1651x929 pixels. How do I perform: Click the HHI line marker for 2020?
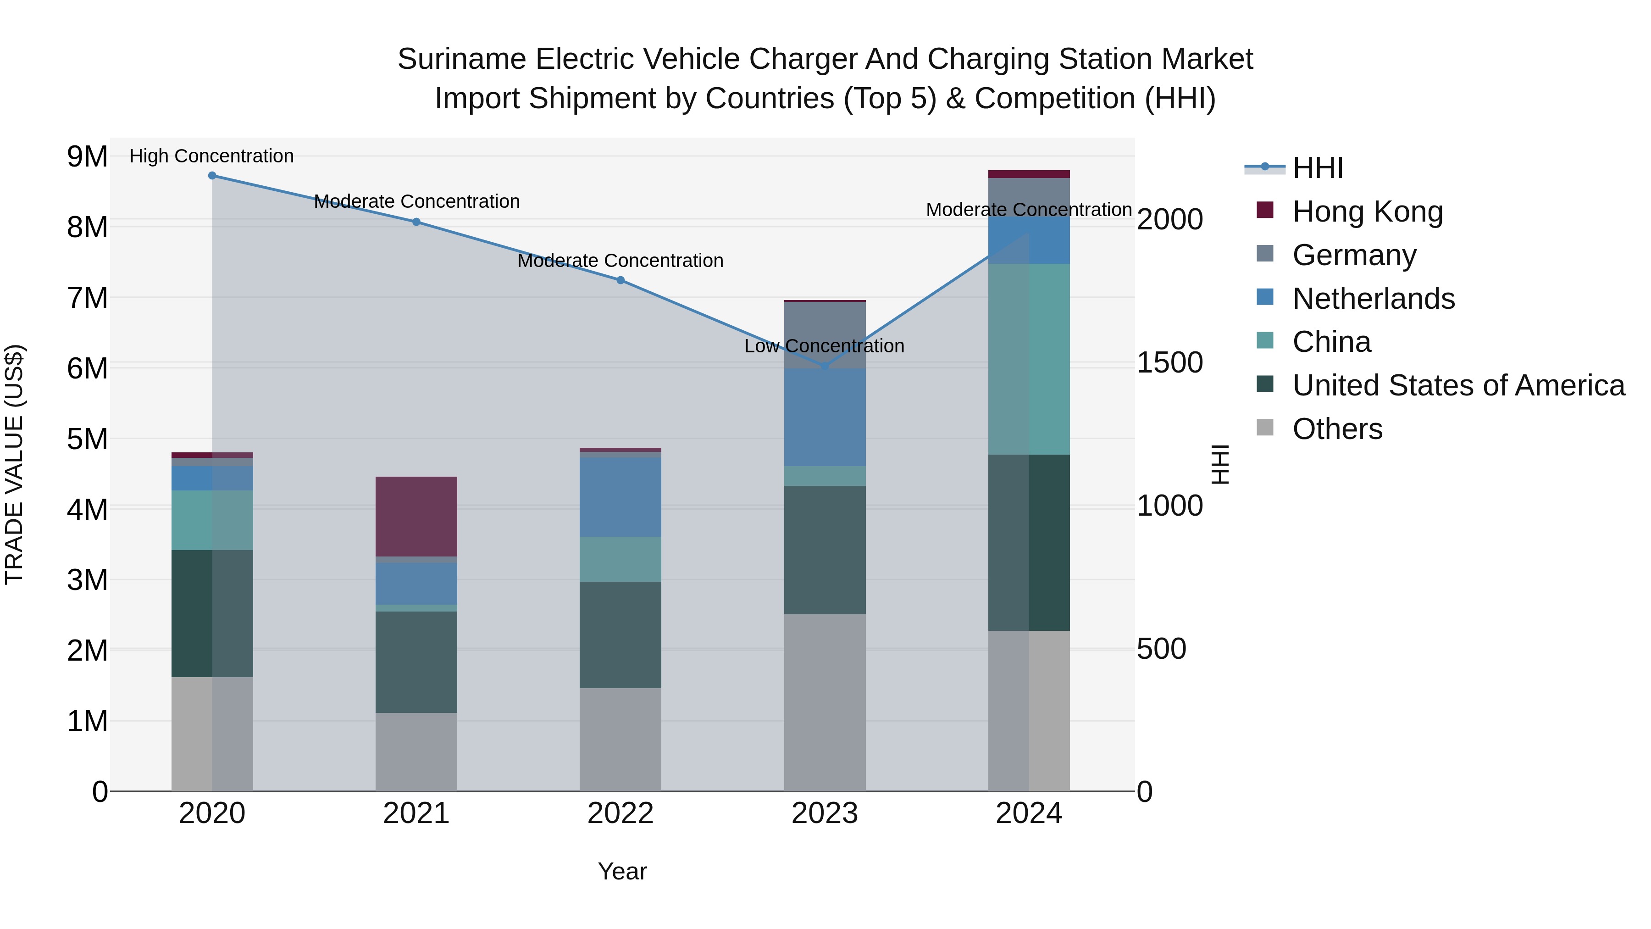(212, 176)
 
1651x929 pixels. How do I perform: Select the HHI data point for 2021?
(416, 222)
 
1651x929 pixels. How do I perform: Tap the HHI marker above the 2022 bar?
(621, 280)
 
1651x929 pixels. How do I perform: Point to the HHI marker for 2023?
(825, 367)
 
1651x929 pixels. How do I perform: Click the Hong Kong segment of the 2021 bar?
(416, 516)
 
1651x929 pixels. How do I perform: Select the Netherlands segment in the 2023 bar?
(825, 417)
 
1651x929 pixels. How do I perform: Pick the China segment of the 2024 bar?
(1029, 359)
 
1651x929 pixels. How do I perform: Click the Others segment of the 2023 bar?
(825, 702)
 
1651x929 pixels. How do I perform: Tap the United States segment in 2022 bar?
(621, 635)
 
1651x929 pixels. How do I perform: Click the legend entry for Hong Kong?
(1367, 211)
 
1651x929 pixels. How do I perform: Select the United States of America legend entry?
(1458, 385)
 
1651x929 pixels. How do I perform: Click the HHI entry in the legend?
(1317, 168)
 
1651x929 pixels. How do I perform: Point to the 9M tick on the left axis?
(87, 156)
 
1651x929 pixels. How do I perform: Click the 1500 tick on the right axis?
(1169, 363)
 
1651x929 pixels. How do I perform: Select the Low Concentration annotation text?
(824, 346)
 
